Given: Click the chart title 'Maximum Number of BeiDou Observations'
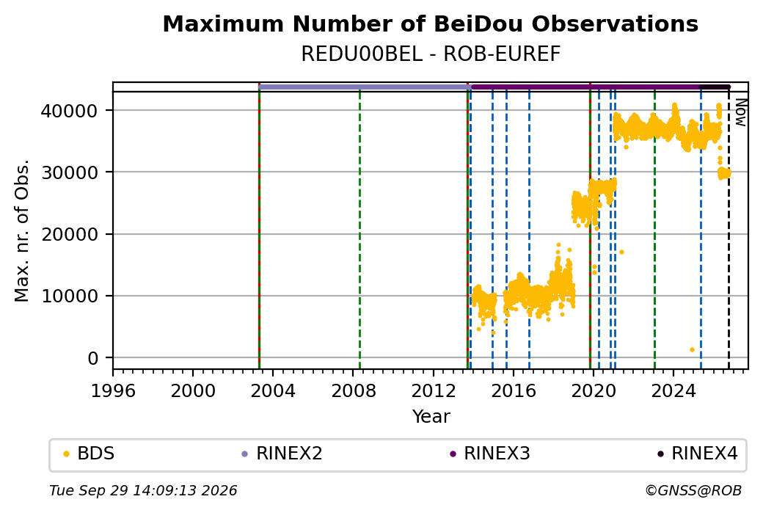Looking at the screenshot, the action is [x=430, y=23].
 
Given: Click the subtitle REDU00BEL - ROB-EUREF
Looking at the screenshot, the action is [x=430, y=54].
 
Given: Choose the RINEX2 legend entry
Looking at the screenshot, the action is [x=282, y=454].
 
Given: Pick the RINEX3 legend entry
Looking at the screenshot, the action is [x=489, y=454].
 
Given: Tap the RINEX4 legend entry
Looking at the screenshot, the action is [x=698, y=454].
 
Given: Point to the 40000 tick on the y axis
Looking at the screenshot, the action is [x=69, y=111].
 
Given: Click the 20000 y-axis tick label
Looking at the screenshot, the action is [x=69, y=235].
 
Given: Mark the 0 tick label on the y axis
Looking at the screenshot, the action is [x=93, y=359].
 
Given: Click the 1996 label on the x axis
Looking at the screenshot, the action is [x=113, y=391].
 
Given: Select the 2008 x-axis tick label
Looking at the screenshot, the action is [x=354, y=391].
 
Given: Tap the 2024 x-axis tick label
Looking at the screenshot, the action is [x=673, y=391].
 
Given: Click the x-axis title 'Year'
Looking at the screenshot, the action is [x=431, y=417].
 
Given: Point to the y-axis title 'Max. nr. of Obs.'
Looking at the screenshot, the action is [x=22, y=230].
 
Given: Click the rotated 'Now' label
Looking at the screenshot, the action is [x=740, y=112].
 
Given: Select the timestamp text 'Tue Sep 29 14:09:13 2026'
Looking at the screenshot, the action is [x=143, y=490].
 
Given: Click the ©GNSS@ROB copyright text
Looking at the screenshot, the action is [x=693, y=490].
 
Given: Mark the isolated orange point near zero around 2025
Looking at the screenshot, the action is [x=692, y=350].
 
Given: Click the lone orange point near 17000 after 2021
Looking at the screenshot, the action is [x=621, y=252].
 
